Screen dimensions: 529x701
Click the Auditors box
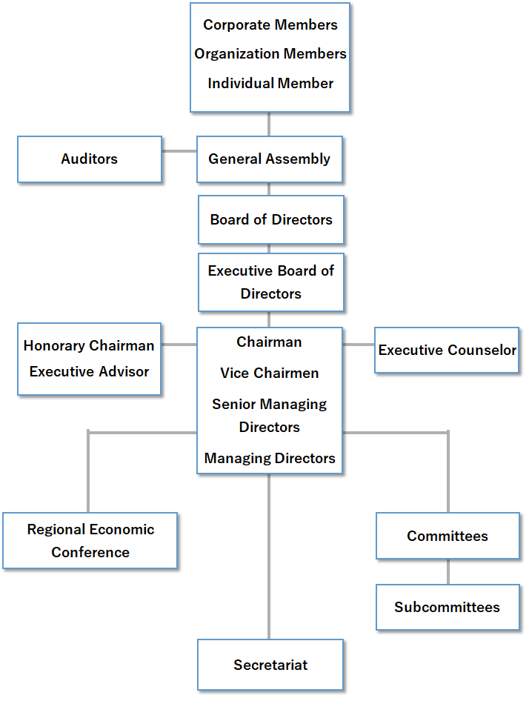click(x=90, y=159)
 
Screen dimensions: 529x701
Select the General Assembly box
click(x=270, y=159)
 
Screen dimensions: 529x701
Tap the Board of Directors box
click(x=271, y=219)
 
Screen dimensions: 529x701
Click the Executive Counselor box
click(x=447, y=350)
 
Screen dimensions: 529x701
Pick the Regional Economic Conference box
click(x=90, y=540)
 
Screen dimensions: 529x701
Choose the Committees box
click(x=448, y=536)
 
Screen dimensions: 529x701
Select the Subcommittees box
click(x=448, y=607)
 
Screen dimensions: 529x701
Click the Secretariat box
click(x=270, y=665)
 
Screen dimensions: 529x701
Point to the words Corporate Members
click(x=270, y=25)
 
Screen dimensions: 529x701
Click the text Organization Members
click(x=270, y=53)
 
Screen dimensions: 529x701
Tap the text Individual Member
click(x=270, y=83)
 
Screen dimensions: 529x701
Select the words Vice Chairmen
click(x=269, y=373)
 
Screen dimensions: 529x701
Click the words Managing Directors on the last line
click(x=270, y=458)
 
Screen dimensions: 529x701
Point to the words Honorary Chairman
click(x=89, y=345)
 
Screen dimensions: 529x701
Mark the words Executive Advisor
click(x=89, y=371)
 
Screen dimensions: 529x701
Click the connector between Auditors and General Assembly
click(x=179, y=151)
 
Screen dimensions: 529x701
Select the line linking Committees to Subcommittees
click(x=448, y=571)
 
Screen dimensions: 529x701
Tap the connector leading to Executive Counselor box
click(x=359, y=345)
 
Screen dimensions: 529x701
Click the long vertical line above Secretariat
click(x=269, y=557)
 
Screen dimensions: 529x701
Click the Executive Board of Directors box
click(x=271, y=282)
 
